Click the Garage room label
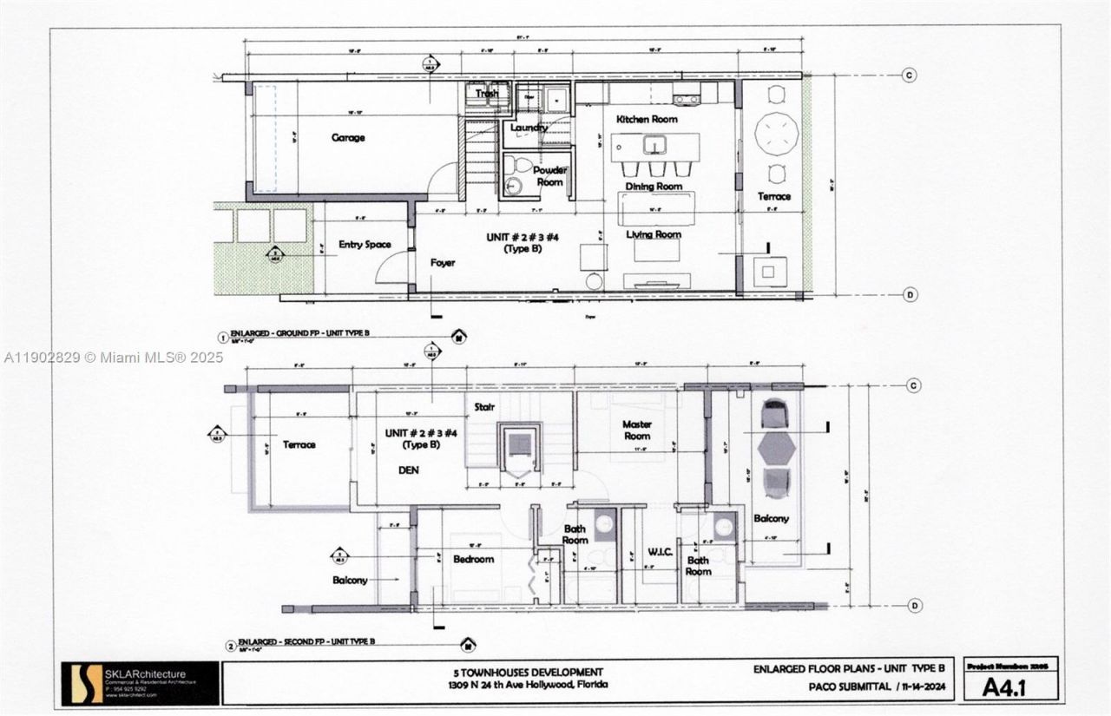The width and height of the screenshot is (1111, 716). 347,137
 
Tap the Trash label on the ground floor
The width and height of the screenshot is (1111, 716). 487,94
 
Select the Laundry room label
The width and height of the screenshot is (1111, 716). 529,128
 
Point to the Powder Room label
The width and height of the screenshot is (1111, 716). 549,176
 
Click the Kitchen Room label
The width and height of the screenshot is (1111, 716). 647,119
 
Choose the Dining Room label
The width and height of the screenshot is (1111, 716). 654,187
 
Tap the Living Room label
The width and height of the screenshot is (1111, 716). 654,234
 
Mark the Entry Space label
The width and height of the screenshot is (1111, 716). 365,245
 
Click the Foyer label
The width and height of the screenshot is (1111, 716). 443,262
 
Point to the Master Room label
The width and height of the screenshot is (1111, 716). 636,430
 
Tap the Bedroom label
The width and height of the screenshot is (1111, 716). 473,560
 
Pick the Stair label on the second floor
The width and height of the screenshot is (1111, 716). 483,405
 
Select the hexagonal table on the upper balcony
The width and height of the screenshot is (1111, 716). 776,448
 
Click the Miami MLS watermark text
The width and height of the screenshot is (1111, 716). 113,358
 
